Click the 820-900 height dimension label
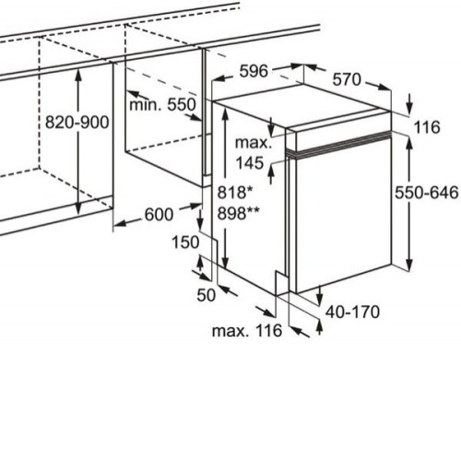(x=77, y=123)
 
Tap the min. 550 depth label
(x=162, y=105)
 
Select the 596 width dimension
(x=254, y=71)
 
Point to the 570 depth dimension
(x=347, y=79)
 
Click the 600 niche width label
(x=159, y=215)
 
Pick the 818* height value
(x=235, y=193)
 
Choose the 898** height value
(x=238, y=213)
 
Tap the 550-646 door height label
(x=426, y=193)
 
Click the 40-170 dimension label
(x=352, y=312)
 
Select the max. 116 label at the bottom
(x=247, y=331)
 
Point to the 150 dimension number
(x=185, y=242)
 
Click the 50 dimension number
(x=207, y=295)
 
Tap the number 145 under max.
(x=250, y=163)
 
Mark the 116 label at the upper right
(x=427, y=127)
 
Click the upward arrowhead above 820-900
(x=78, y=76)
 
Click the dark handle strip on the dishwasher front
(x=338, y=144)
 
